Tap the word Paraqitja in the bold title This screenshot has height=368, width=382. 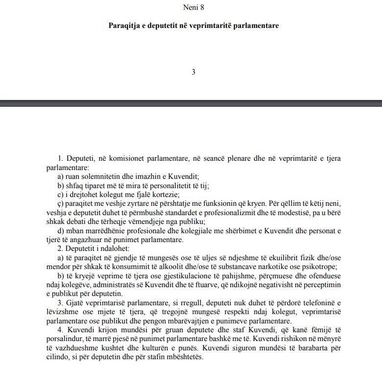click(125, 25)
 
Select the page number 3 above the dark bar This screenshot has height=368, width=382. click(193, 72)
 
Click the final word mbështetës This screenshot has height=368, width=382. click(184, 356)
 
